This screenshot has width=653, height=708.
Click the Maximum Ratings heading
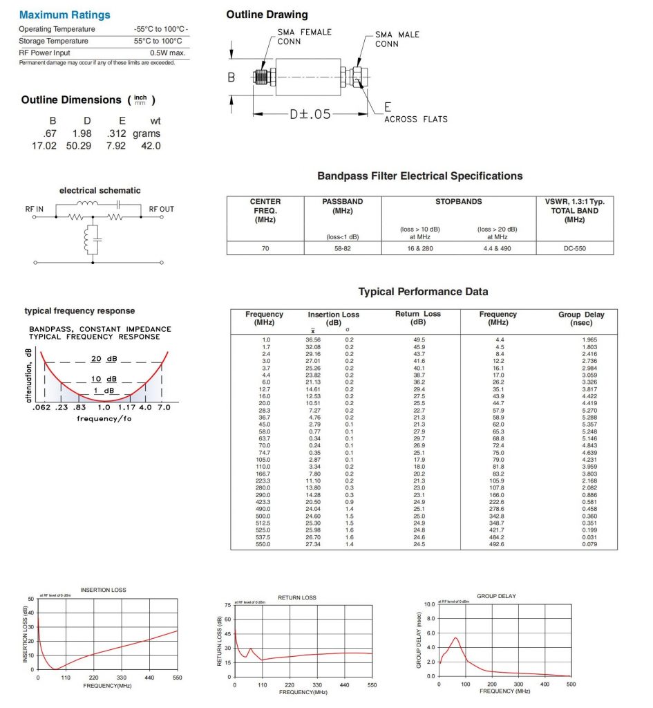point(64,15)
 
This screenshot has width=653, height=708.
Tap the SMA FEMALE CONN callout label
point(304,36)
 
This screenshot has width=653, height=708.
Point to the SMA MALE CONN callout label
point(397,39)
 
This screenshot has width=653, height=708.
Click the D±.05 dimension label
point(310,114)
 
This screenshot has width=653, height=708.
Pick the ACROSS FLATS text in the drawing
point(415,119)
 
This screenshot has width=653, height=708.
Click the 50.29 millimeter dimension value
point(77,145)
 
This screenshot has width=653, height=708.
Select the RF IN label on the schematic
point(35,208)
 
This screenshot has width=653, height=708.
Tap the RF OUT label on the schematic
point(162,208)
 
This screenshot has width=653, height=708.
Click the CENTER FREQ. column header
point(265,210)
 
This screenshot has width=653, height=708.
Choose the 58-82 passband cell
point(342,248)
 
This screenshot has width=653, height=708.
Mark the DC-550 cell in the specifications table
point(574,248)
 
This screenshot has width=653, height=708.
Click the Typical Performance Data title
point(423,292)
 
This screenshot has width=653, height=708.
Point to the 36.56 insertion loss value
point(313,339)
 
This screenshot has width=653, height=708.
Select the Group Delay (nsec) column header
point(580,318)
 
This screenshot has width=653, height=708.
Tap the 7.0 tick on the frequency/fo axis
point(164,408)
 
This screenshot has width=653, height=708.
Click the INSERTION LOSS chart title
point(103,590)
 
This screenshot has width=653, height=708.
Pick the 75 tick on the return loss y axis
point(228,605)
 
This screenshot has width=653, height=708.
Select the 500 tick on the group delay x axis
point(570,684)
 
